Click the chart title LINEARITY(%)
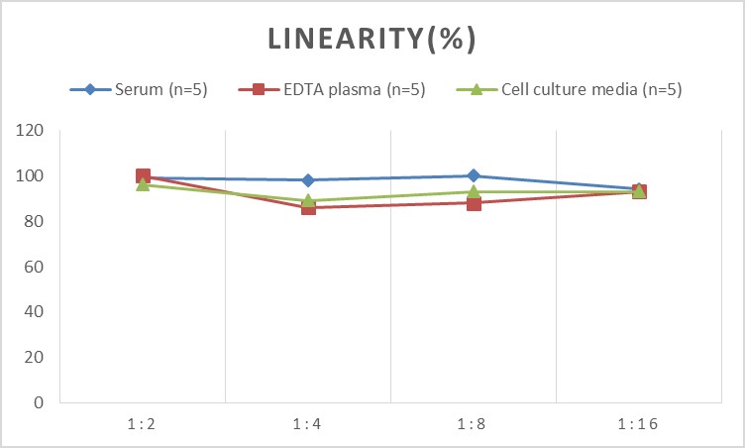pos(372,39)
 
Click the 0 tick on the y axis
pos(40,402)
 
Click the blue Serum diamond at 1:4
pos(308,180)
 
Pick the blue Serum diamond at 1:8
pos(474,175)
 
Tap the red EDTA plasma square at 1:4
pos(308,207)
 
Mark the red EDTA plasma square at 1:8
pos(474,203)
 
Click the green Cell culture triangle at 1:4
pos(308,199)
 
